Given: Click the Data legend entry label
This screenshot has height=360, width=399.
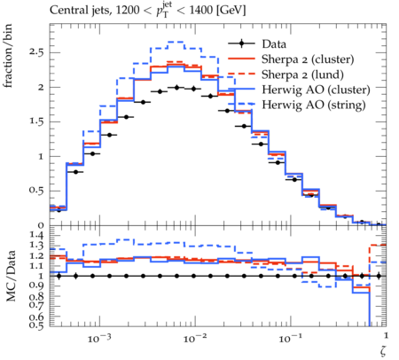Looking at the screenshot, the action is pos(274,44).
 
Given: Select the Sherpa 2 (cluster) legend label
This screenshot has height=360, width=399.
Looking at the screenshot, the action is pos(308,59).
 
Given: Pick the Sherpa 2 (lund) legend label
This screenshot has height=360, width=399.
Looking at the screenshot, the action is pos(302,74).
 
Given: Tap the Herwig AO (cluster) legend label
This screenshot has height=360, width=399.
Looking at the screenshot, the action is pos(316,90).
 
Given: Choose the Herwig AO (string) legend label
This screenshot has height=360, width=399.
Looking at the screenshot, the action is pos(314,105).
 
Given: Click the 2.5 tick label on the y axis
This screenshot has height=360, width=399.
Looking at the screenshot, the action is pos(36,52).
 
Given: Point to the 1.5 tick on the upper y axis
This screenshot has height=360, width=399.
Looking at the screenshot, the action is pos(36,121).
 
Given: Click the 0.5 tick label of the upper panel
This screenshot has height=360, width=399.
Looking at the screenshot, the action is pos(36,191).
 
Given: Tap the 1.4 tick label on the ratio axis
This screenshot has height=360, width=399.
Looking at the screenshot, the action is pos(36,236).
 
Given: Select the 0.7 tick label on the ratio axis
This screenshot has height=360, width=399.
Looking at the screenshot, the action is pos(36,305).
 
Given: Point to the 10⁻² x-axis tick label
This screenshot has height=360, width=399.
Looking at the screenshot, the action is pos(193,338).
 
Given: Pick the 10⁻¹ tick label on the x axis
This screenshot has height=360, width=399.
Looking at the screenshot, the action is pos(289,338).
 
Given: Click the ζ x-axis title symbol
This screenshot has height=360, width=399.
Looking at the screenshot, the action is pos(383,351).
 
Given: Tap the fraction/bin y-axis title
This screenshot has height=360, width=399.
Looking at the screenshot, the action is pos(8,56).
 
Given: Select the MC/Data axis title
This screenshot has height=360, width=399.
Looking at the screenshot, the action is pos(11,276).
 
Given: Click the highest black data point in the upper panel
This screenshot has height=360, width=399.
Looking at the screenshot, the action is pos(176,88).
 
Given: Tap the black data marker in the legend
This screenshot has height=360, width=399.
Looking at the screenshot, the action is pos(241,43).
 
